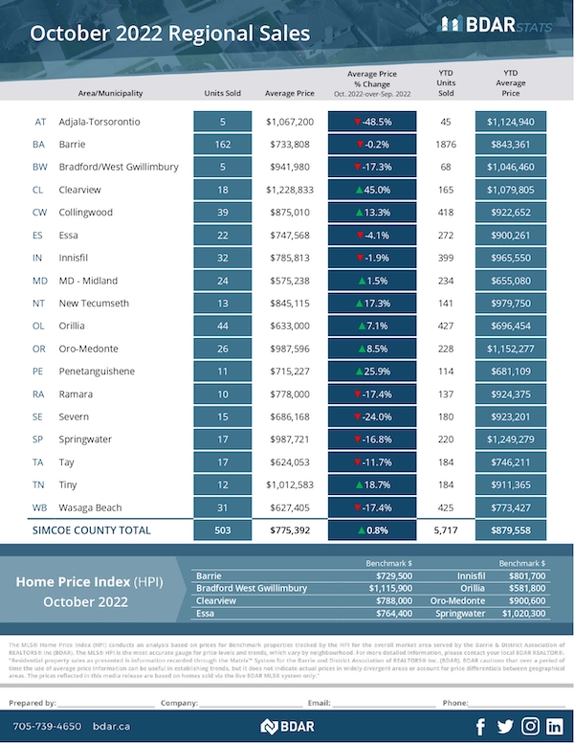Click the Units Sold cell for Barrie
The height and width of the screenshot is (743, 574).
(222, 145)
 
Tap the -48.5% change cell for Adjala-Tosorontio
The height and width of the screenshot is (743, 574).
(372, 123)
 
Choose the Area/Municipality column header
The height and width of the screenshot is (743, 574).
(112, 94)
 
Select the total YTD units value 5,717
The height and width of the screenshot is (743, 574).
(445, 529)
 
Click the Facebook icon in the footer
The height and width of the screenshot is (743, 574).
(479, 725)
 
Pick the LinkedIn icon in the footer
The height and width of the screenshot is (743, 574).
(554, 725)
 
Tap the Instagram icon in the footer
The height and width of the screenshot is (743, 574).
(529, 725)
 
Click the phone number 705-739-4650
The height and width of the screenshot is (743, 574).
(45, 726)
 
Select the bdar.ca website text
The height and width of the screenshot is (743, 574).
(110, 726)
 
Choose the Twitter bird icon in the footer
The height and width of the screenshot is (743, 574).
(504, 725)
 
